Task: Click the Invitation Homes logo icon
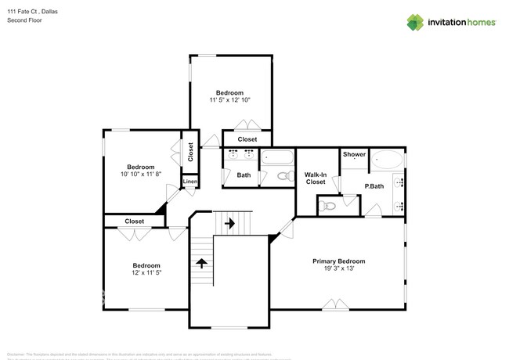point(415,22)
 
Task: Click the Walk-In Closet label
point(315,178)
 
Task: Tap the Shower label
point(354,154)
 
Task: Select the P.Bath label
point(374,185)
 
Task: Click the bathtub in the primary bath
point(386,160)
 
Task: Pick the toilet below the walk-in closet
point(328,206)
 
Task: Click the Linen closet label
point(190,182)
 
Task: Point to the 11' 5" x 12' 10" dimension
point(229,100)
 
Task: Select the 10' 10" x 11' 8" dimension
point(141,175)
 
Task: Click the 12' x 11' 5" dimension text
point(146,273)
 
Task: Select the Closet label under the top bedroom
point(247,139)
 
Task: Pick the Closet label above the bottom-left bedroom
point(134,221)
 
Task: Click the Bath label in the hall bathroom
point(244,175)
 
